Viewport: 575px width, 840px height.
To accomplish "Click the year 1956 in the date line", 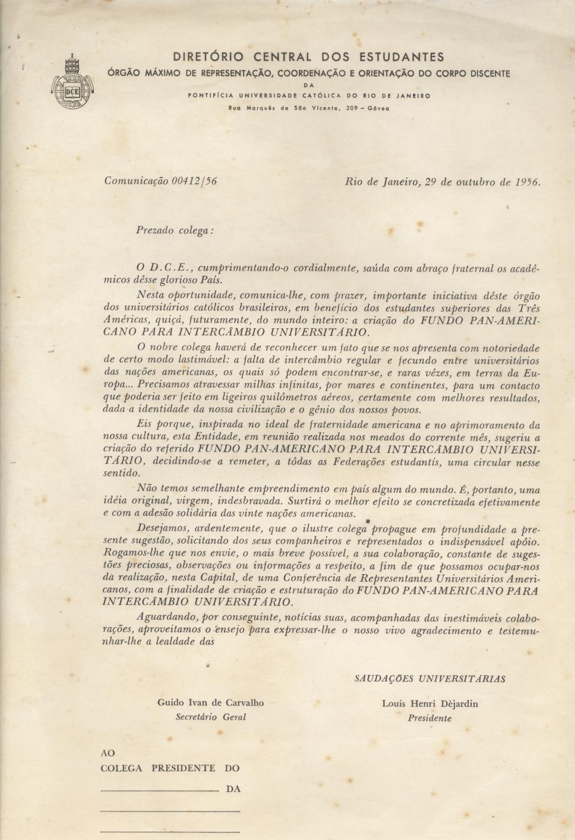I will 527,182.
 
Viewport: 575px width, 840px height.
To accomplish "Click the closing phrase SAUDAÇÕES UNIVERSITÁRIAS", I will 429,678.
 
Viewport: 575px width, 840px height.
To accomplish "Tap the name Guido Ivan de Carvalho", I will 210,703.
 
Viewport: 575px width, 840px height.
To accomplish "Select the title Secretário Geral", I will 210,717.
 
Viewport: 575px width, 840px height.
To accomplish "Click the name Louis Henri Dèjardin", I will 429,704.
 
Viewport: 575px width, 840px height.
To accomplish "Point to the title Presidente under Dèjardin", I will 429,718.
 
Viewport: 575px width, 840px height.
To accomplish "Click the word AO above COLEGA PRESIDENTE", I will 108,753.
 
